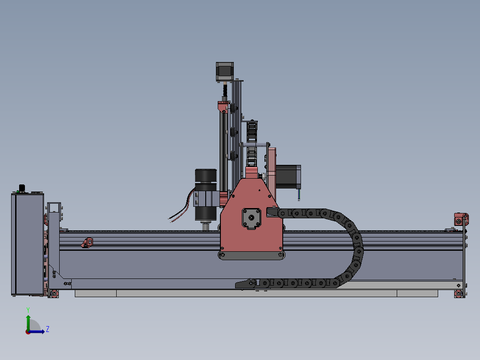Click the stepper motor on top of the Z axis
click(x=225, y=71)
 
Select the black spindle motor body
click(x=205, y=176)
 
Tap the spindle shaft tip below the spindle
click(x=205, y=226)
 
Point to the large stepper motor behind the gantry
click(x=288, y=176)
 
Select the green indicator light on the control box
click(x=17, y=192)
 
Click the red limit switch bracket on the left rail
click(x=88, y=242)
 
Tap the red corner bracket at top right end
click(x=460, y=219)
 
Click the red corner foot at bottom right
click(x=458, y=293)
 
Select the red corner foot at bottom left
click(x=54, y=293)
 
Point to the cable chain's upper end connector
click(x=272, y=213)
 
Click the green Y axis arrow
click(x=28, y=320)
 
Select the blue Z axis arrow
click(x=39, y=331)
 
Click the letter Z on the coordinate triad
click(x=47, y=329)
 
